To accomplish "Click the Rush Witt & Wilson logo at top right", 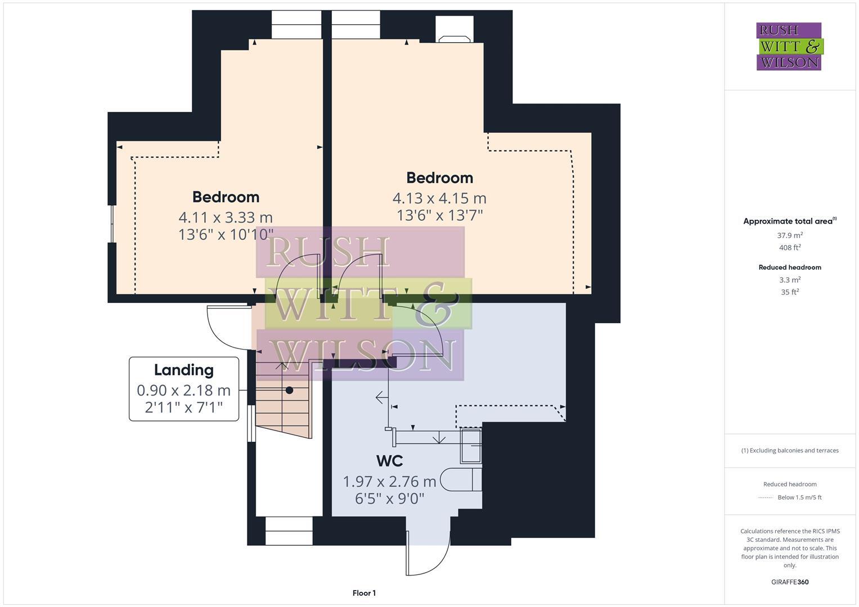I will (x=789, y=46).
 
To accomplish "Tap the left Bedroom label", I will (x=226, y=197).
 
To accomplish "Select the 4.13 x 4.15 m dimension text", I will (x=439, y=198).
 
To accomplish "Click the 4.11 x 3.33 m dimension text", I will (x=226, y=217).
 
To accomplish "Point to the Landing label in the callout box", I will (x=184, y=370).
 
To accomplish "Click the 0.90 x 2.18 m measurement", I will (x=184, y=390).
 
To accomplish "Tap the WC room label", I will (x=389, y=461).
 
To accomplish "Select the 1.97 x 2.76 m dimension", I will (x=389, y=482).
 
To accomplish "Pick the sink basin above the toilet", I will (x=471, y=445).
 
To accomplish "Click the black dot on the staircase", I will (x=289, y=390).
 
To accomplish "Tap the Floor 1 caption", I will (x=364, y=593).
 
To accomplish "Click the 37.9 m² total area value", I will (x=790, y=235).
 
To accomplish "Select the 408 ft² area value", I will (x=790, y=248).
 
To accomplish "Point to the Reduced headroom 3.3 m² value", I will (x=790, y=280).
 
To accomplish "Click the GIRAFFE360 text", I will (x=790, y=582).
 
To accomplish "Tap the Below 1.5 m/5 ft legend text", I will (x=799, y=497).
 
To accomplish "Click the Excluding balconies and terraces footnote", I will (x=790, y=450).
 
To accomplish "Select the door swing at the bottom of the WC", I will (x=429, y=554).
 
